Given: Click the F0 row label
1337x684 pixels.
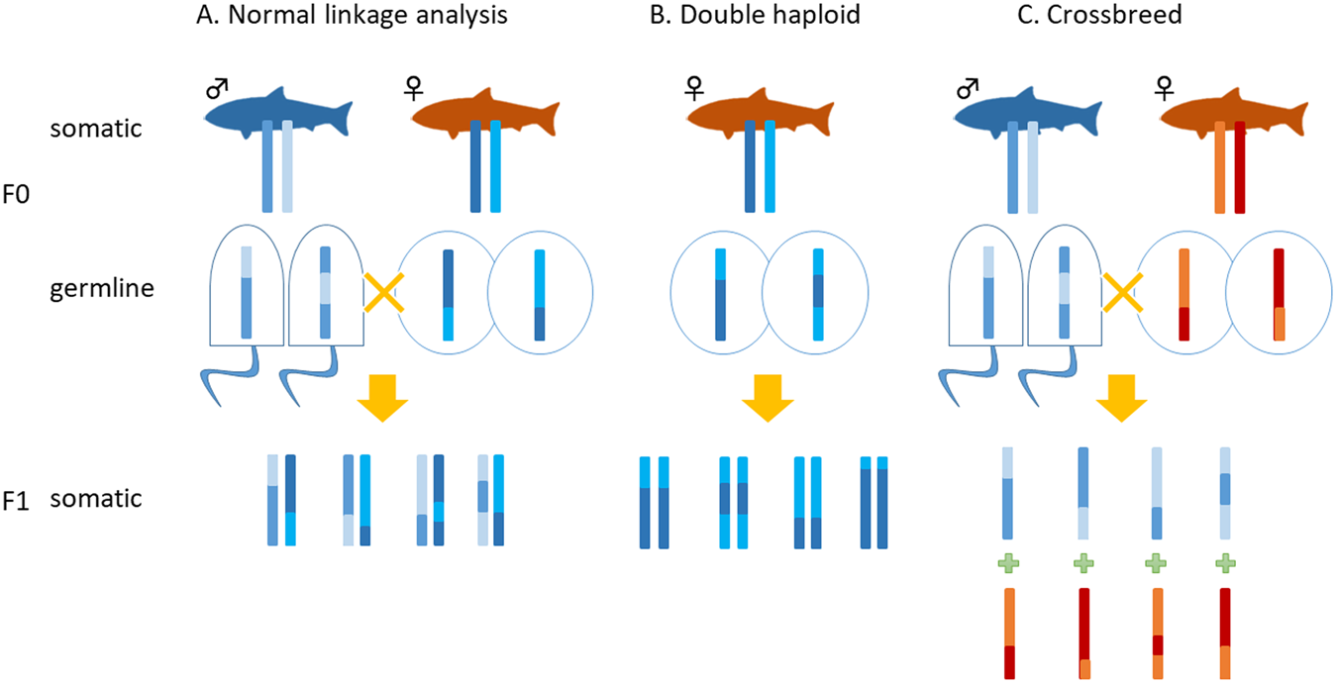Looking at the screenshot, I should (18, 195).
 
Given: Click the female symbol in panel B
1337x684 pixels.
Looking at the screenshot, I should (690, 90).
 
